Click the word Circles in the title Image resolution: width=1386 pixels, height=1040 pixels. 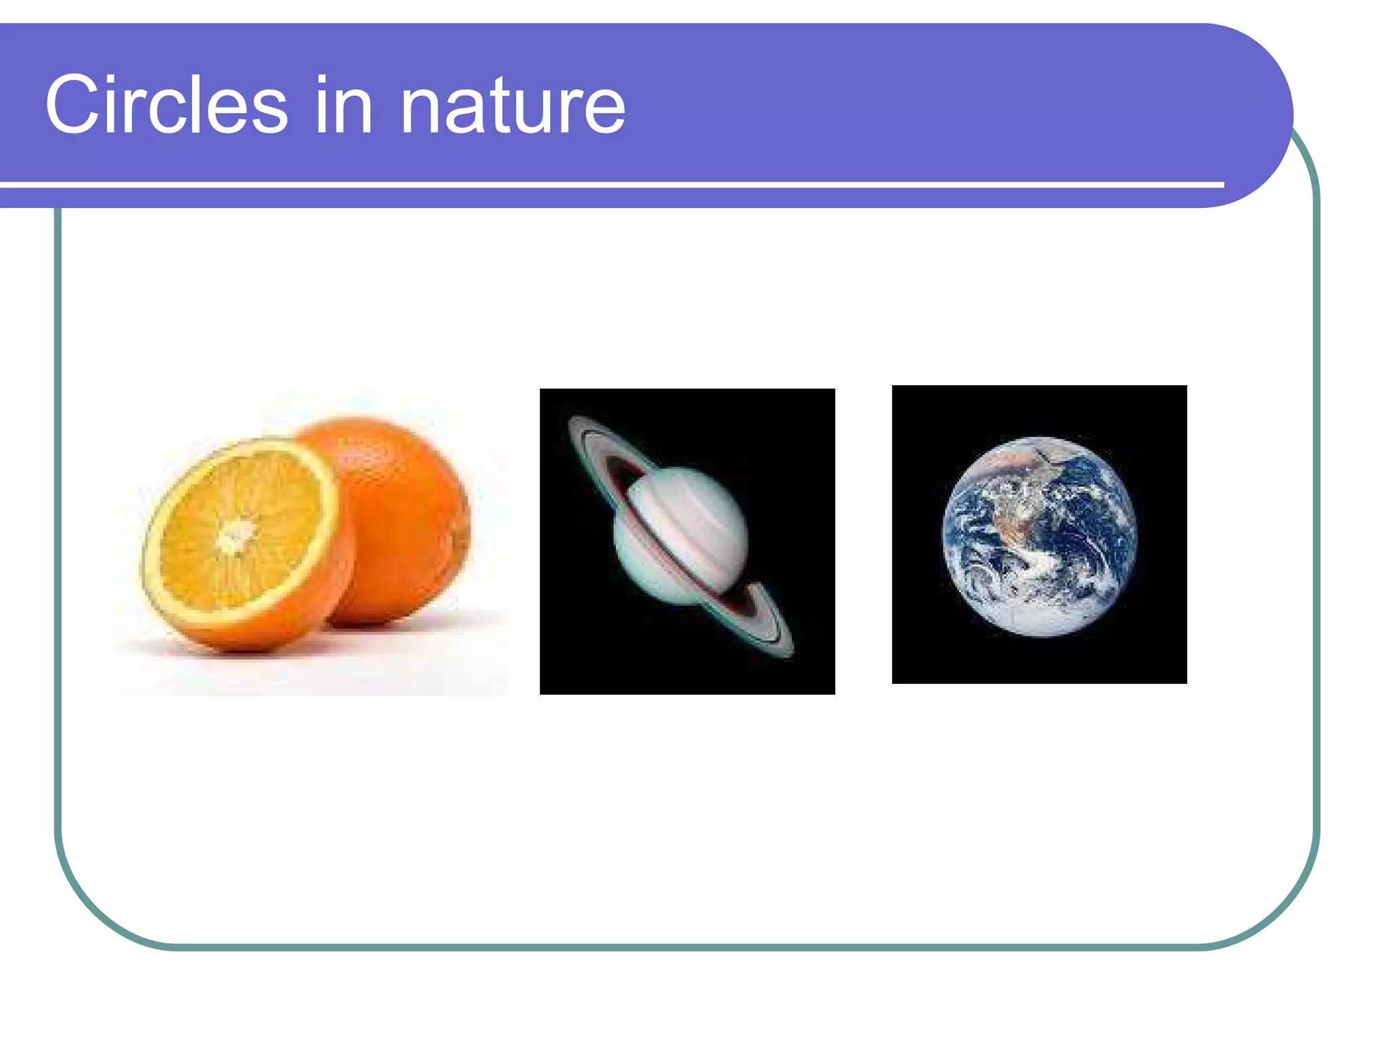[166, 105]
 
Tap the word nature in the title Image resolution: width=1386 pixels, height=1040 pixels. [512, 107]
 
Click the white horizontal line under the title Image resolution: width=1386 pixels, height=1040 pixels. [609, 184]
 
